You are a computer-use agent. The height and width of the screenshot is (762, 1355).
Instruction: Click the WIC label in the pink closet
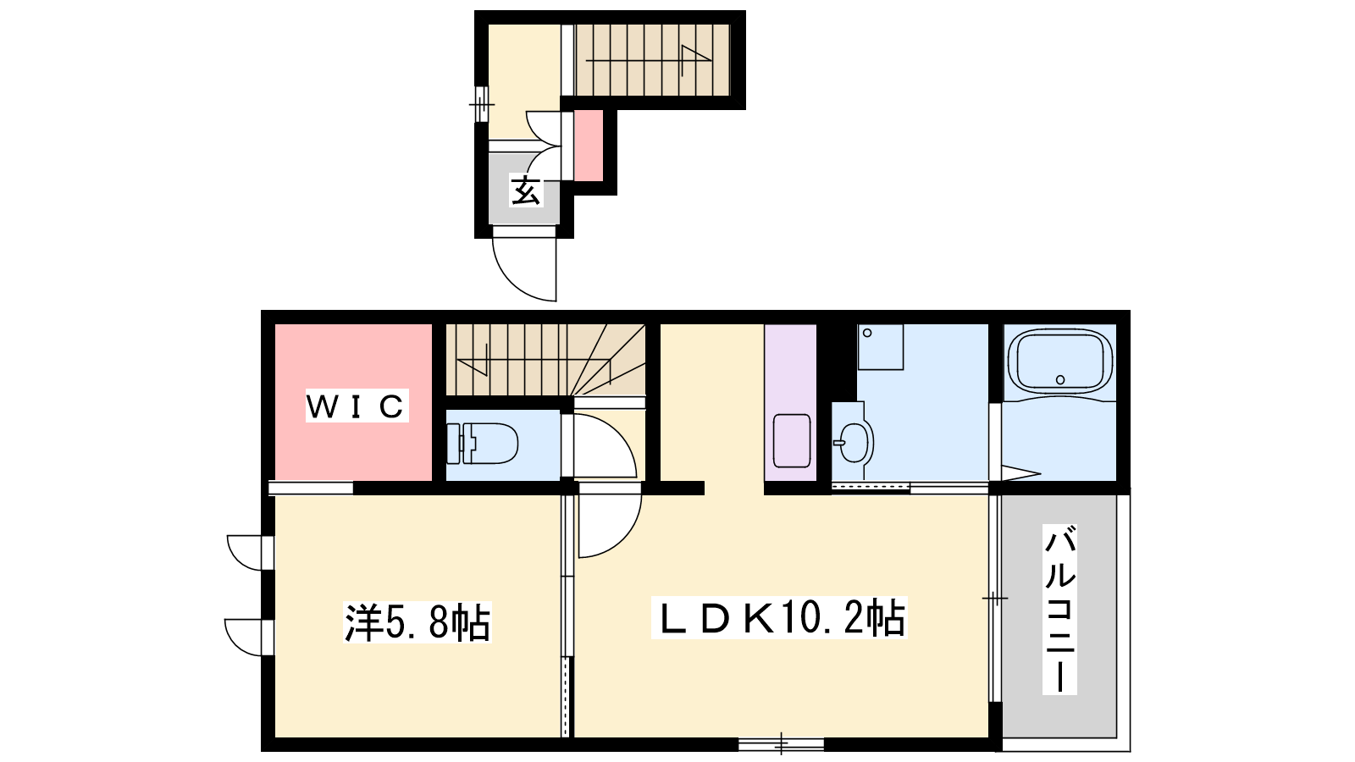(357, 406)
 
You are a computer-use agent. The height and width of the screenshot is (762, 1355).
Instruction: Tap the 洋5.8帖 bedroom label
(418, 621)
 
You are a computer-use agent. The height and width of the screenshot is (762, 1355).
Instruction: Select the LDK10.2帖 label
(779, 618)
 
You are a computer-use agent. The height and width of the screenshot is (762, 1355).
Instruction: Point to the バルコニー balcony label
(1059, 610)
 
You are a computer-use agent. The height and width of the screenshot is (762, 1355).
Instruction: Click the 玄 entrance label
(525, 190)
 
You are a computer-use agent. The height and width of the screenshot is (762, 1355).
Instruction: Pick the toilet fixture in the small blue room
(482, 444)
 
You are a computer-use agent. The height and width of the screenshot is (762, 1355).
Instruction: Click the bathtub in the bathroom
(1059, 362)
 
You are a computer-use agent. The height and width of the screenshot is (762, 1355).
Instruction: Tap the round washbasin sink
(855, 442)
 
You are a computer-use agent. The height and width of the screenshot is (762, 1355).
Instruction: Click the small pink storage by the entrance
(589, 145)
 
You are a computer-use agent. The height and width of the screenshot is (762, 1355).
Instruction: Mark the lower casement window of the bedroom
(249, 637)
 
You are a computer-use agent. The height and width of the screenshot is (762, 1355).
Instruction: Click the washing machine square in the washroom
(881, 347)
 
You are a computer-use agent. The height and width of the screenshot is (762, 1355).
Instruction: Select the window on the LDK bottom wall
(781, 744)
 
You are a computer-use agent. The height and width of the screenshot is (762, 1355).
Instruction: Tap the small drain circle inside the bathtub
(1059, 380)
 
